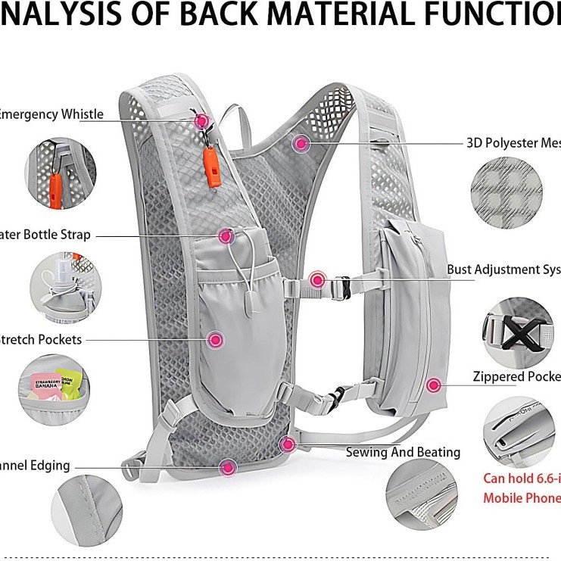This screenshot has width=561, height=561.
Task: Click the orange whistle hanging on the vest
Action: click(211, 168)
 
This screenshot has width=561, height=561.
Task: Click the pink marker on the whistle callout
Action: click(202, 120)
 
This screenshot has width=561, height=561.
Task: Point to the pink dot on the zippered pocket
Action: click(434, 385)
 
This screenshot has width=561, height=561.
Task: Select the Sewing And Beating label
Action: click(403, 452)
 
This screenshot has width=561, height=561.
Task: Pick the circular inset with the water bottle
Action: click(64, 285)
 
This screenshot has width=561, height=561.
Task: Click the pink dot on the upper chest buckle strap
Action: click(318, 281)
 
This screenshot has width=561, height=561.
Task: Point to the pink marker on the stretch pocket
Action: click(216, 341)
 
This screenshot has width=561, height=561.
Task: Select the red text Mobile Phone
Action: click(522, 498)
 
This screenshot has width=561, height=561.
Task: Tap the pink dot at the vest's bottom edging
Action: click(228, 467)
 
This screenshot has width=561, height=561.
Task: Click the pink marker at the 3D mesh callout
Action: click(301, 142)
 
